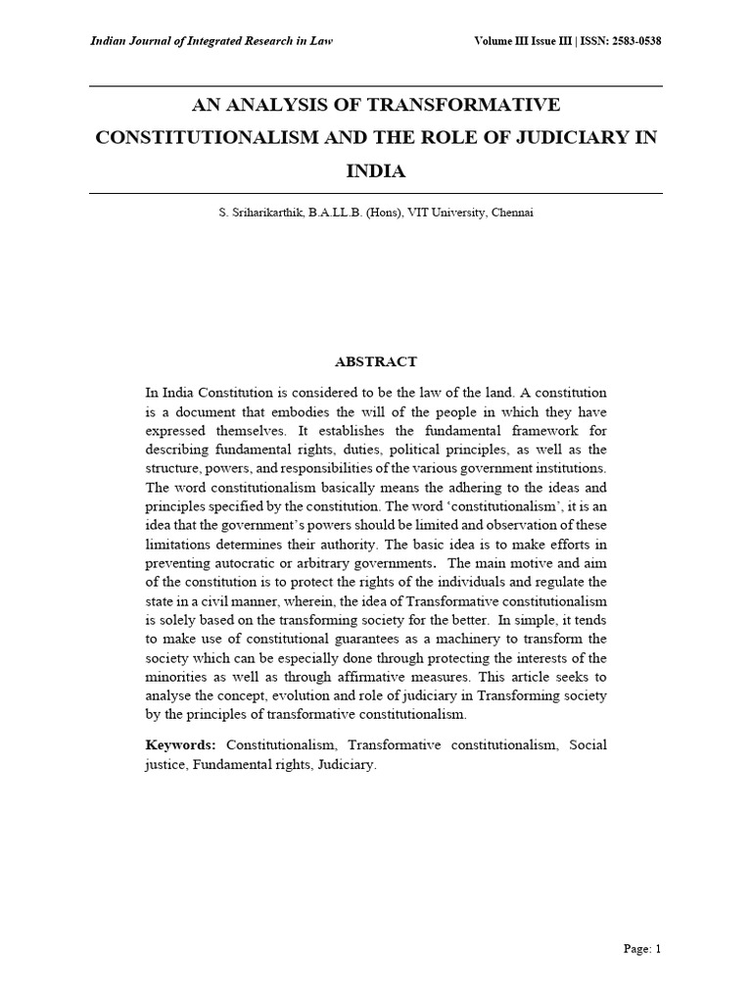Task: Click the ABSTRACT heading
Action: [x=376, y=361]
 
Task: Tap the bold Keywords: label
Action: [x=181, y=745]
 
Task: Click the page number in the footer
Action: [x=643, y=948]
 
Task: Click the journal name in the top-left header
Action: [x=211, y=41]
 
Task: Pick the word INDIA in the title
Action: [x=376, y=170]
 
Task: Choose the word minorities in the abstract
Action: [x=176, y=676]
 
